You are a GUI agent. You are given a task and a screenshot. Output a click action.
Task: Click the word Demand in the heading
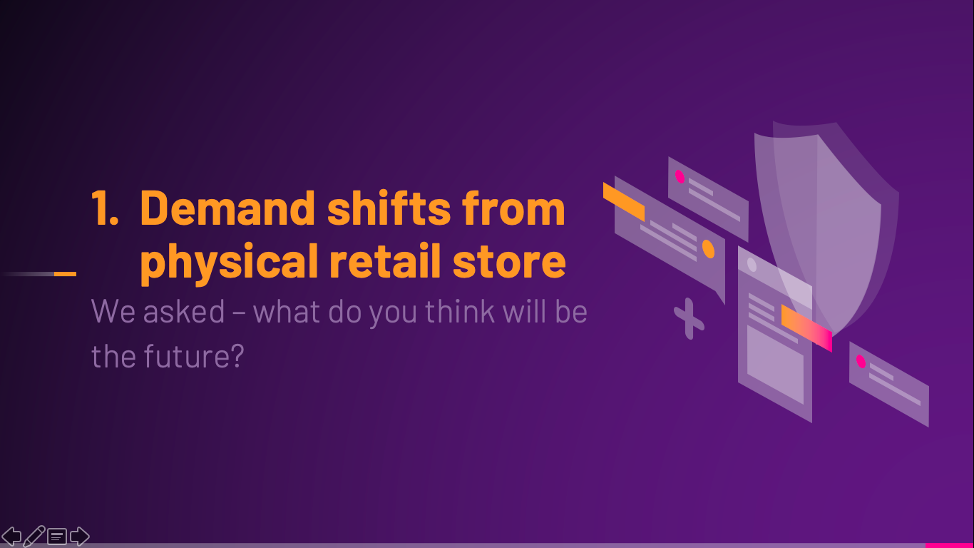tap(227, 209)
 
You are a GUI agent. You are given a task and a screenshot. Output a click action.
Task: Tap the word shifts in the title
tap(389, 208)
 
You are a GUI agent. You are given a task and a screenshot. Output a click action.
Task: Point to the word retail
tap(385, 260)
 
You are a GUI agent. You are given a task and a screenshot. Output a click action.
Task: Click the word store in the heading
tap(509, 263)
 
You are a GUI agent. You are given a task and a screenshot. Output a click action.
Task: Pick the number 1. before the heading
tap(104, 208)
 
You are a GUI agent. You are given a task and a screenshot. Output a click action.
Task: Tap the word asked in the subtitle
tap(183, 312)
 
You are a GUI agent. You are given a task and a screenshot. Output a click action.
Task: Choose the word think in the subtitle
tap(460, 312)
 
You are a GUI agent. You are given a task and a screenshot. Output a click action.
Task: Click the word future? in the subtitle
tap(194, 356)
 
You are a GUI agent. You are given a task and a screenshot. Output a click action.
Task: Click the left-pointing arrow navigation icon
tap(11, 536)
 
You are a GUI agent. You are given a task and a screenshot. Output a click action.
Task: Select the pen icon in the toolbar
tap(34, 536)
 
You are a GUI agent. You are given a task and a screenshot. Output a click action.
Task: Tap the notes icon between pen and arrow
tap(57, 537)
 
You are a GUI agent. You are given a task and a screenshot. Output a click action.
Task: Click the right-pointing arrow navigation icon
tap(80, 536)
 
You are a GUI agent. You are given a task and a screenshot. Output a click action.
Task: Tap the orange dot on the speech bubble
tap(708, 249)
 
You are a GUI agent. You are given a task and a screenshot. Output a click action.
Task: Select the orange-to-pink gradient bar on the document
tap(806, 328)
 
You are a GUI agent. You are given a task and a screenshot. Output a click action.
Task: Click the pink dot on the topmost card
tap(680, 177)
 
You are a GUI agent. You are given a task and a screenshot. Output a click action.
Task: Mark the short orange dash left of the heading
tap(65, 274)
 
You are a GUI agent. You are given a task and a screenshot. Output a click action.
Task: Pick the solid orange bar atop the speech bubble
tap(623, 201)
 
